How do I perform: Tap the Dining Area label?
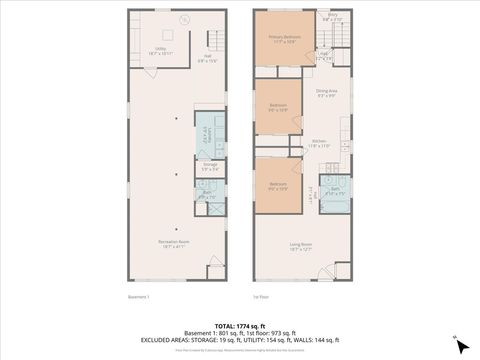point(326,94)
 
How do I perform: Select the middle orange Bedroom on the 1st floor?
point(278,107)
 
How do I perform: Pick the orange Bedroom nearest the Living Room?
point(278,186)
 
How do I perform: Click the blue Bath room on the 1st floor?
point(336,191)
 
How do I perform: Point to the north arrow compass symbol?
point(459,344)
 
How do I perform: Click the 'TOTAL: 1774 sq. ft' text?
point(239,326)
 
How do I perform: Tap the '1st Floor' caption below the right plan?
point(263,296)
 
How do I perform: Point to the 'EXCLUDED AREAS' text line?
point(239,340)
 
